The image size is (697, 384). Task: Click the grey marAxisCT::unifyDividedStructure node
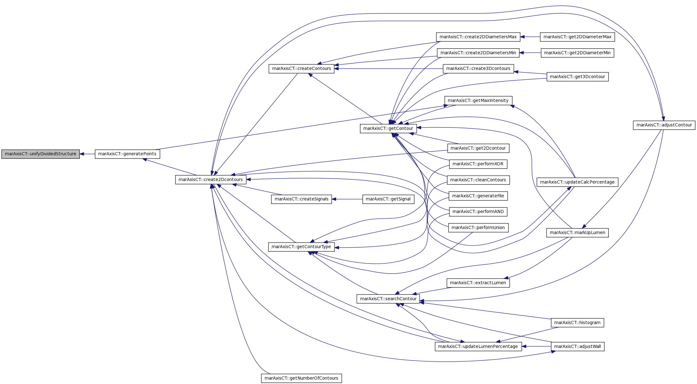coord(41,154)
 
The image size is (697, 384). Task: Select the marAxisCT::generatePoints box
coord(128,154)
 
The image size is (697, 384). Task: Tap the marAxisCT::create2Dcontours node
coord(211,180)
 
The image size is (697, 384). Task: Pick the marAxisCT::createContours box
coord(302,69)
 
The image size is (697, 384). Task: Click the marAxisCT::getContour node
coord(388,128)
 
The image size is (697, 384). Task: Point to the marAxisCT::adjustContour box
coord(664,125)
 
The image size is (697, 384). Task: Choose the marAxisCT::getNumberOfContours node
coord(302,378)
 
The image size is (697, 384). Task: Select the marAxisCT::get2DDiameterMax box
coord(577,37)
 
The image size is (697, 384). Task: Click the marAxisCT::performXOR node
coord(478,164)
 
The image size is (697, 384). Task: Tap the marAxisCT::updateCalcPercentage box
coord(577,182)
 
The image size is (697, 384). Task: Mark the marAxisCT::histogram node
coord(577,323)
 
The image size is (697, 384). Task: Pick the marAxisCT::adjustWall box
coord(578,347)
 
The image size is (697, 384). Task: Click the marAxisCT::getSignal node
coord(388,199)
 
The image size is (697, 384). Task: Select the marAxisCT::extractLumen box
coord(478,283)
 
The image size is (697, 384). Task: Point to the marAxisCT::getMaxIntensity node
coord(478,101)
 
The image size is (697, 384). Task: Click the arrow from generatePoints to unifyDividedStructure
coord(87,154)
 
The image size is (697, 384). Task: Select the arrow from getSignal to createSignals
coord(347,199)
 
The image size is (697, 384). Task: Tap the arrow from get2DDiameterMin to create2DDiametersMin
coord(530,53)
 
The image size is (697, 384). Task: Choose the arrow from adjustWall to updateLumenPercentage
coord(536,347)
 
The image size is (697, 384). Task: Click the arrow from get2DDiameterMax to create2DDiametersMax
coord(530,37)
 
